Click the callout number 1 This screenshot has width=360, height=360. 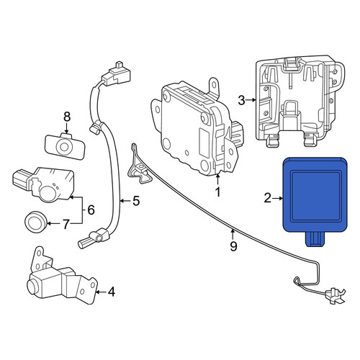(x=217, y=192)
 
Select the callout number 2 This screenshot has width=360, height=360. (x=267, y=199)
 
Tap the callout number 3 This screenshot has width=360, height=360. (x=242, y=100)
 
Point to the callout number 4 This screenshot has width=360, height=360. (x=112, y=292)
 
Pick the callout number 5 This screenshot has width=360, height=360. (x=136, y=201)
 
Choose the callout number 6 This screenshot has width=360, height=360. (x=91, y=210)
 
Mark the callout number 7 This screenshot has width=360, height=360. (x=66, y=224)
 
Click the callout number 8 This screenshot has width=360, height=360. (x=67, y=117)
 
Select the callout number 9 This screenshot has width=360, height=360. (x=233, y=246)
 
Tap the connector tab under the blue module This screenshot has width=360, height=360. (x=315, y=240)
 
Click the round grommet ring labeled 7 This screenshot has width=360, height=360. (x=36, y=222)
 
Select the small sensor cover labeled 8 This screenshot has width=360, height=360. (x=65, y=146)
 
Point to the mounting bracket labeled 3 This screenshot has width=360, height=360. (x=300, y=102)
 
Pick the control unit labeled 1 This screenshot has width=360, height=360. (x=196, y=127)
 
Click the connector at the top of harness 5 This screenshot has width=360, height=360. (x=117, y=73)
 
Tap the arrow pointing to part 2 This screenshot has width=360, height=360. (x=278, y=199)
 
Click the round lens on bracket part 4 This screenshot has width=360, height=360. (x=34, y=284)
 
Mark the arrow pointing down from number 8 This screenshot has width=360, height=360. (x=66, y=128)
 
